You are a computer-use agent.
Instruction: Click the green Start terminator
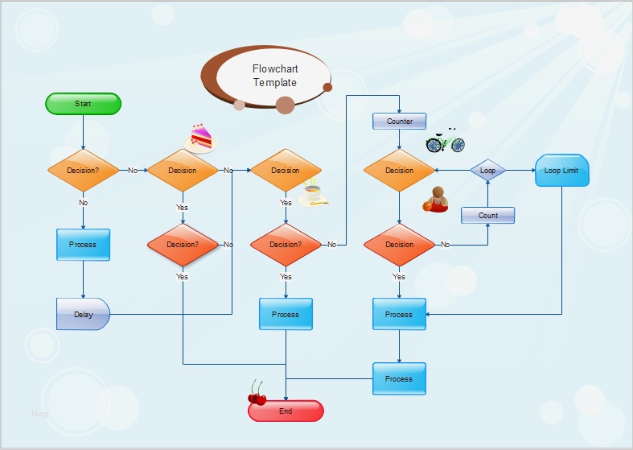(x=83, y=104)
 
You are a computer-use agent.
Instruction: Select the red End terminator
(x=286, y=411)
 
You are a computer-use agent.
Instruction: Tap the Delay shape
(x=83, y=314)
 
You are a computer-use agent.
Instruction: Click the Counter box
(x=400, y=122)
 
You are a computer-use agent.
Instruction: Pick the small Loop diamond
(x=487, y=171)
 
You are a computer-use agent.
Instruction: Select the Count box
(x=487, y=216)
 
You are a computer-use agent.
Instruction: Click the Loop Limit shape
(x=561, y=171)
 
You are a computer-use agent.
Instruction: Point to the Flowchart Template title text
(x=275, y=76)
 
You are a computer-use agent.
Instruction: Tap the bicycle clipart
(x=445, y=142)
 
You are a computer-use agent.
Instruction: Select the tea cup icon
(x=312, y=195)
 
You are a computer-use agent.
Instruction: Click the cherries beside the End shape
(x=257, y=394)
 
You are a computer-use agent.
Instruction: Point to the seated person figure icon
(x=435, y=200)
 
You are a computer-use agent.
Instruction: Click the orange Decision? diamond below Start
(x=83, y=171)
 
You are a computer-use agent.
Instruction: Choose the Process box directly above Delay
(x=83, y=245)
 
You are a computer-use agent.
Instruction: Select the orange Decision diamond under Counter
(x=400, y=171)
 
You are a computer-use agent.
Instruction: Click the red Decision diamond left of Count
(x=400, y=245)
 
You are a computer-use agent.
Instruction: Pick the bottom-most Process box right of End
(x=399, y=378)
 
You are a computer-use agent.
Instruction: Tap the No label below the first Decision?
(x=83, y=203)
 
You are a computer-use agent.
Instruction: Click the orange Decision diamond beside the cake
(x=183, y=171)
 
